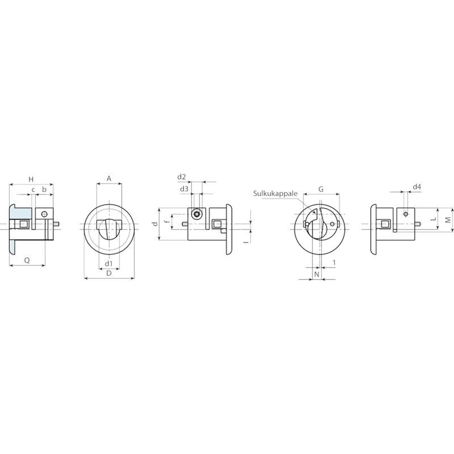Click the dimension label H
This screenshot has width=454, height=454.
[x=31, y=179]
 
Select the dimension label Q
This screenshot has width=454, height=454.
[x=27, y=260]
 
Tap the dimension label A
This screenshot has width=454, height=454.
[x=109, y=178]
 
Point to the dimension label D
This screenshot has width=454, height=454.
[x=109, y=273]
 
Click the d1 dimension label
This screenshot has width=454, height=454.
[x=109, y=264]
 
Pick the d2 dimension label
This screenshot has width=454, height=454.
[x=182, y=177]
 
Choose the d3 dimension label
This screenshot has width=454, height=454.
[x=184, y=189]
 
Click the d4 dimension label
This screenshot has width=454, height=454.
[x=417, y=187]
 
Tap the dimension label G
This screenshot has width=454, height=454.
[x=321, y=189]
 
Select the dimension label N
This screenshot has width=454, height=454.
[x=317, y=274]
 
